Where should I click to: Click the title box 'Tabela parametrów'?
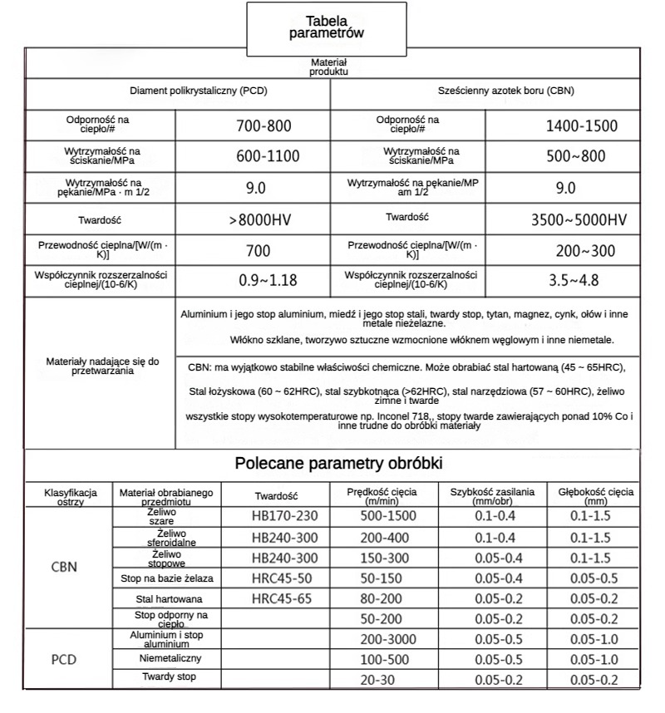point(327,27)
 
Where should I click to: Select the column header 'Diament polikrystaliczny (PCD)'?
point(198,91)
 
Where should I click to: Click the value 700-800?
point(264,127)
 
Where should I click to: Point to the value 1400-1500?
point(582,127)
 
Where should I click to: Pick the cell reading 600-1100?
point(264,156)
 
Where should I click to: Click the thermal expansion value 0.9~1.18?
point(268,280)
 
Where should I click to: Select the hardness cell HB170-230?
point(284,516)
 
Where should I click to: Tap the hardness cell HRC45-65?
point(284,598)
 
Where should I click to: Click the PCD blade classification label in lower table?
point(65,660)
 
